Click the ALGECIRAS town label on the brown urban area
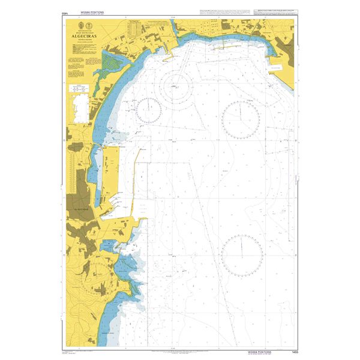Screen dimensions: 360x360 point(81,209)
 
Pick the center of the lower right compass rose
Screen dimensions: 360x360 point(242,253)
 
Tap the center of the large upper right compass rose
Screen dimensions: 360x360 point(241,118)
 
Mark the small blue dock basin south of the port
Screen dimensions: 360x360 point(109,247)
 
